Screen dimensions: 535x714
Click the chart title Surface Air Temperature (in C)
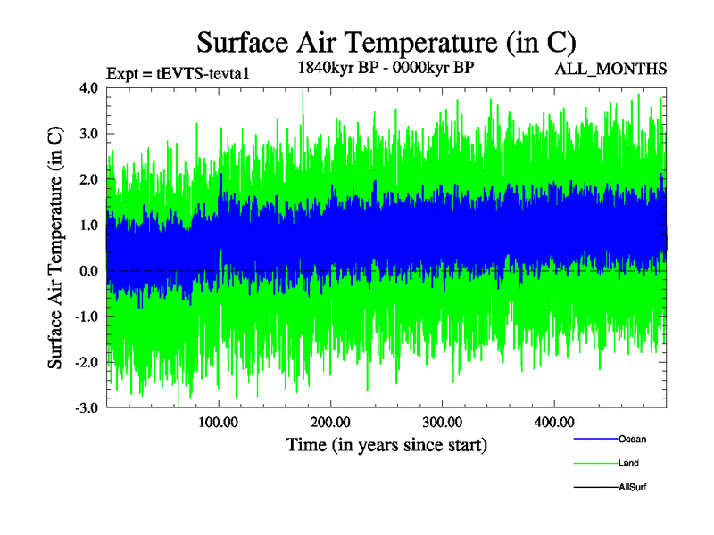[386, 43]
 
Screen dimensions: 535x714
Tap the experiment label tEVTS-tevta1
[176, 73]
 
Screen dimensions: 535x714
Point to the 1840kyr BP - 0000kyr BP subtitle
[386, 67]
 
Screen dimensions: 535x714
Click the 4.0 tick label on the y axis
[88, 88]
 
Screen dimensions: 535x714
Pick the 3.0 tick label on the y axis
[88, 134]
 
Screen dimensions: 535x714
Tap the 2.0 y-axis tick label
[88, 179]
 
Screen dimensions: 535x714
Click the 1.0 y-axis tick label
[88, 225]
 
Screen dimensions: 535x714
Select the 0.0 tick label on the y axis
[88, 270]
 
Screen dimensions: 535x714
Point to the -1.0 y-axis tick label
[87, 317]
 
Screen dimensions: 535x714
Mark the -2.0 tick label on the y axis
[87, 362]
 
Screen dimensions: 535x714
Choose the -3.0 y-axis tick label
[87, 407]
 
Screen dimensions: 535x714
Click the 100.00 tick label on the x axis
[219, 422]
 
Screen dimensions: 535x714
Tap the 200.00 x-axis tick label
[330, 422]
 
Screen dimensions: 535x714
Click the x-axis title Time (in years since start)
[386, 443]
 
